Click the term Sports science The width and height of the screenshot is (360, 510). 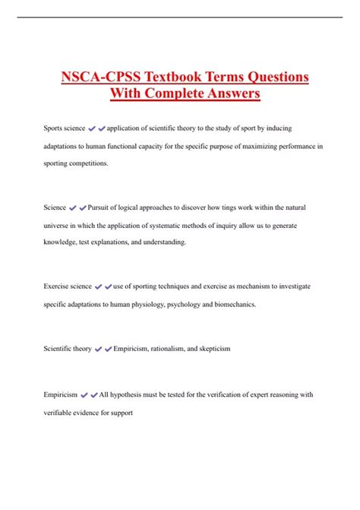[x=64, y=128]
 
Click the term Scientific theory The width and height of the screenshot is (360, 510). [x=68, y=348]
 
